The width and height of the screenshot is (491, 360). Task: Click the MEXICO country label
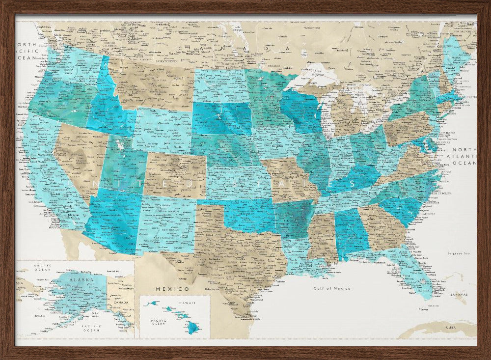[x=172, y=289]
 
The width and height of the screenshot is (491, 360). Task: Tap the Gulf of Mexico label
[x=332, y=288]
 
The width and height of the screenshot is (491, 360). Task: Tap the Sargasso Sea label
[x=459, y=253]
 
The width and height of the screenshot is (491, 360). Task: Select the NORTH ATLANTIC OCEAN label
[x=464, y=156]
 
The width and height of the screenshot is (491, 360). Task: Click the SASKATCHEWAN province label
[x=166, y=62]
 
